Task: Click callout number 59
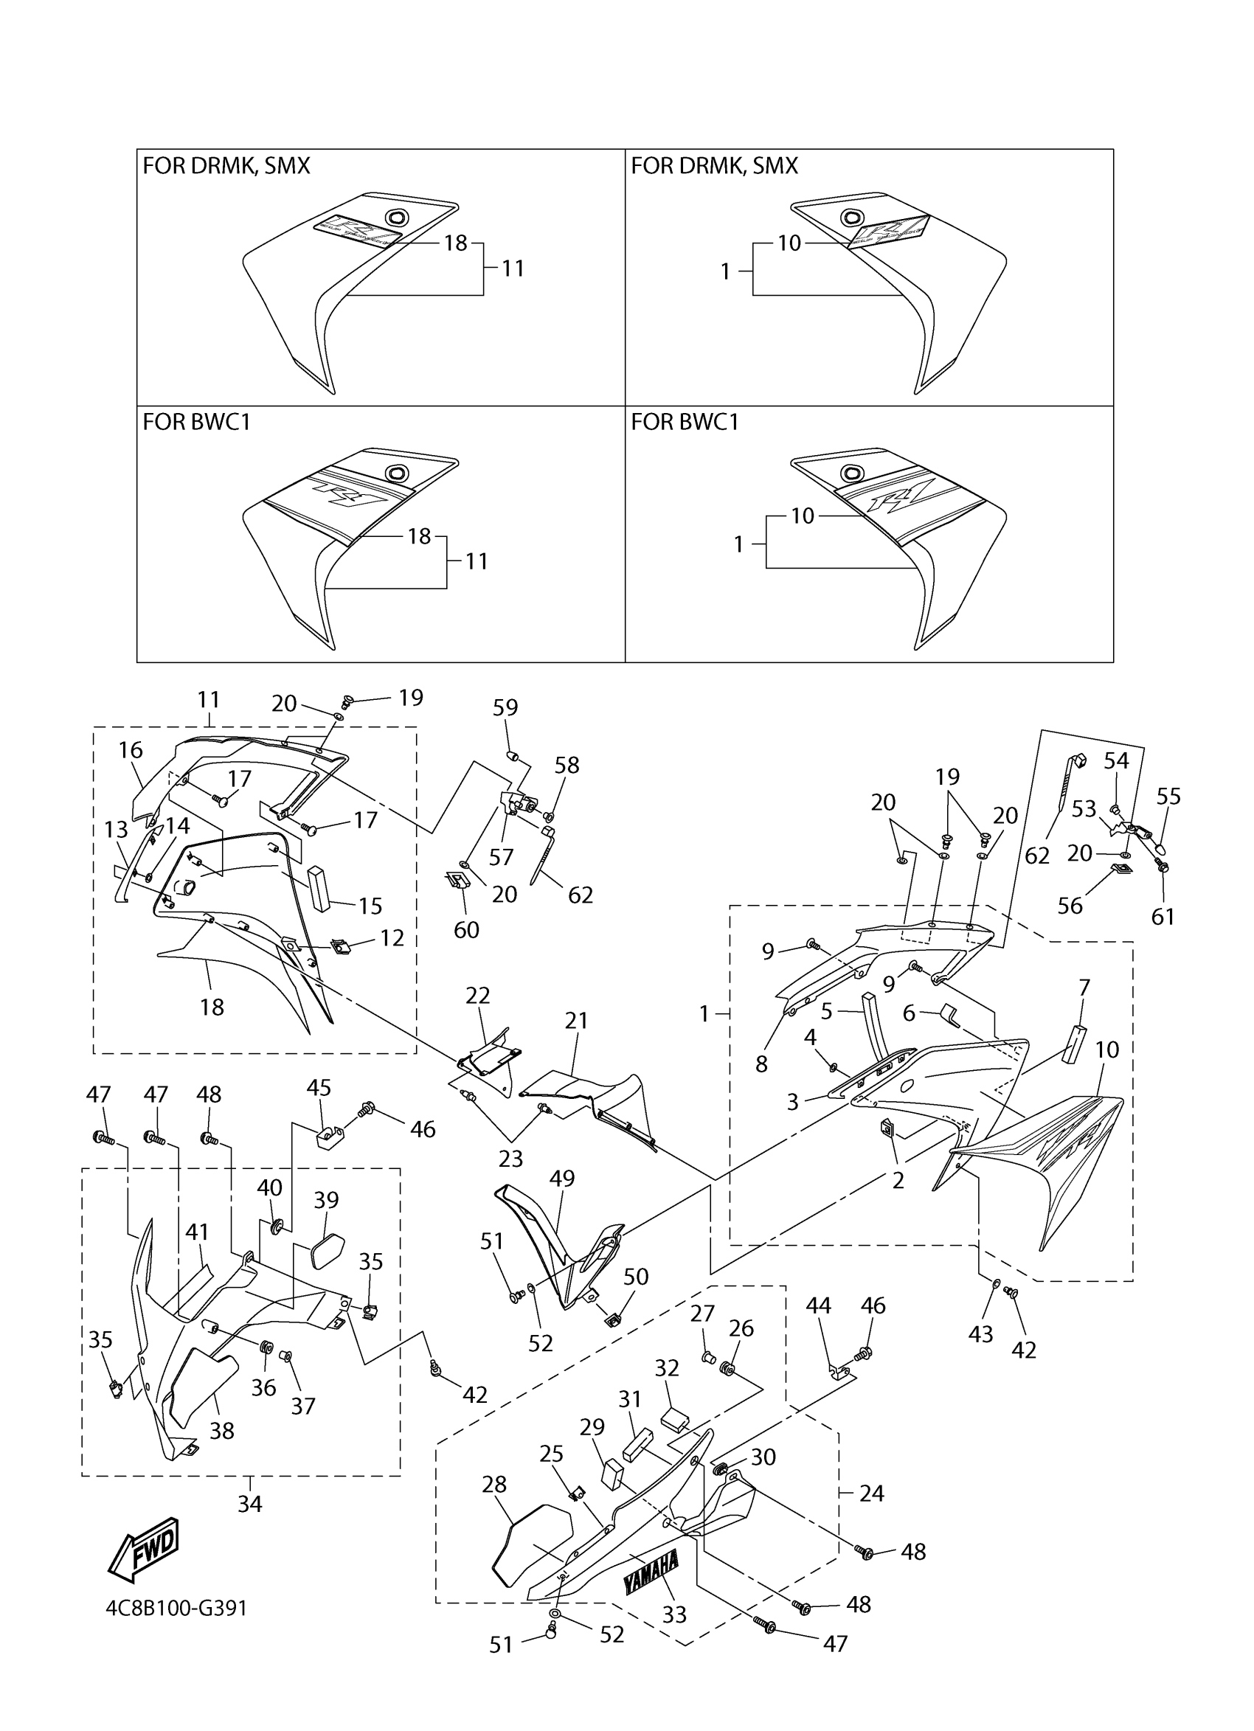505,707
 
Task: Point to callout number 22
478,995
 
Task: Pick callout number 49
562,1178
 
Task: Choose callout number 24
872,1493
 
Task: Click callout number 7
1084,988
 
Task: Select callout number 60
466,929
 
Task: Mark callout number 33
675,1615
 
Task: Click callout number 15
370,906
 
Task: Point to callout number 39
326,1200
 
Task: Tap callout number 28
494,1485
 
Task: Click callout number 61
1163,917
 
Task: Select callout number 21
576,1021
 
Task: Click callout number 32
667,1368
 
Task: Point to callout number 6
909,1013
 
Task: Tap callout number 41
197,1232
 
